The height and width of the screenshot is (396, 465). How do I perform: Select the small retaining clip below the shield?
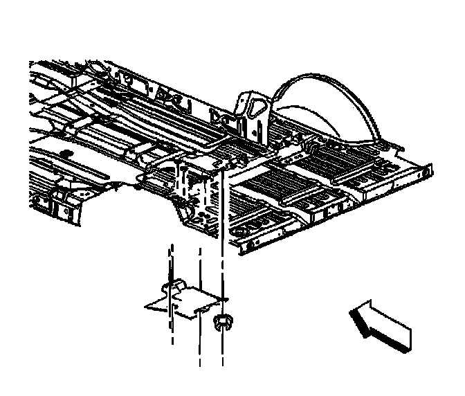223,321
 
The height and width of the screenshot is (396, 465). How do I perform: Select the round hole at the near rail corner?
241,230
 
